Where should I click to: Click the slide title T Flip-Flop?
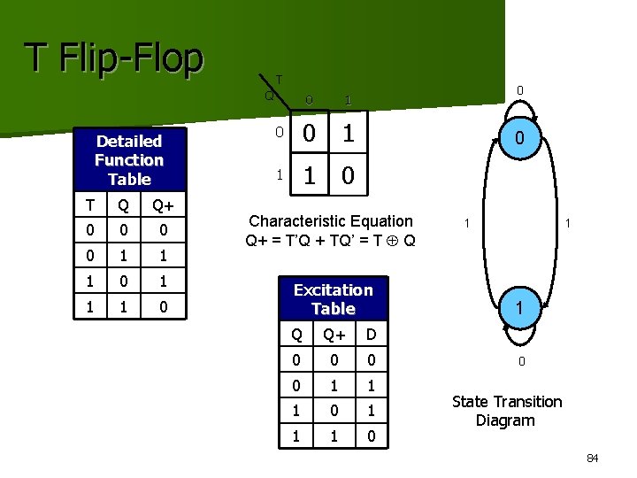click(113, 58)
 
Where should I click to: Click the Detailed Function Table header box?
click(129, 160)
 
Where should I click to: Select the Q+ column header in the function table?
click(162, 206)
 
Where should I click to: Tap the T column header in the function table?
click(88, 206)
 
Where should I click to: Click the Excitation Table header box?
click(333, 299)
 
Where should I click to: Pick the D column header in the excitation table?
click(370, 334)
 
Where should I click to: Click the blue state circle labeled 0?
click(521, 138)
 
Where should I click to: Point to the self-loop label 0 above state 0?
click(521, 89)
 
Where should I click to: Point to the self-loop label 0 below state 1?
click(522, 361)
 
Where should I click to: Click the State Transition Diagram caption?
click(506, 411)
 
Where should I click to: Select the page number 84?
click(592, 458)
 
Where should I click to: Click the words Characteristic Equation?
click(331, 220)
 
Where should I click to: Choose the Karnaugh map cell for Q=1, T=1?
click(348, 175)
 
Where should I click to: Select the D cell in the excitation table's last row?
click(370, 436)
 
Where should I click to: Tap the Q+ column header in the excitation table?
click(333, 334)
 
